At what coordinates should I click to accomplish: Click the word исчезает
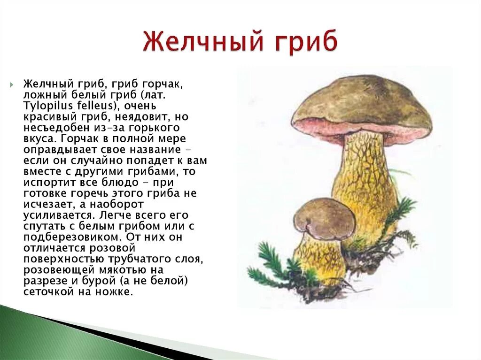[x=45, y=204]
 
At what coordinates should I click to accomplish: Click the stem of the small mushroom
[x=319, y=256]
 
